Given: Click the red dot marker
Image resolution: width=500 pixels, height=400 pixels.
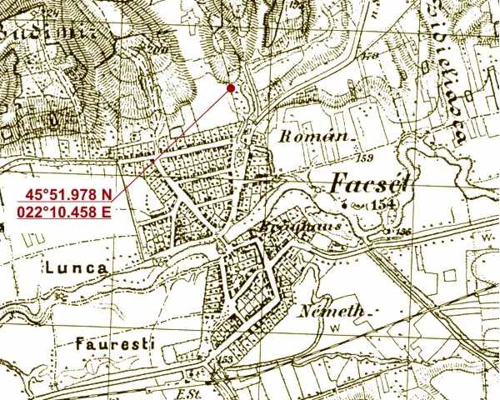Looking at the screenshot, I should pyautogui.click(x=230, y=87).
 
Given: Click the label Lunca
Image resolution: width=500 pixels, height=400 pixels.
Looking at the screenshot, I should pyautogui.click(x=74, y=268).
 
